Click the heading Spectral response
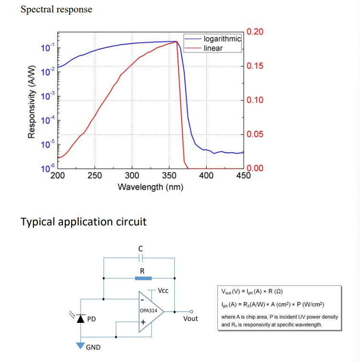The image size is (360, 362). click(x=56, y=9)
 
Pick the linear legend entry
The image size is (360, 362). click(x=213, y=48)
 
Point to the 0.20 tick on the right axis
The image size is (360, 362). click(x=254, y=32)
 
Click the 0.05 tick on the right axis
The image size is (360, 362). click(x=254, y=134)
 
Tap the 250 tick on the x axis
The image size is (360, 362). click(x=95, y=176)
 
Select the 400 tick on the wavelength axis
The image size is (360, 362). click(x=206, y=176)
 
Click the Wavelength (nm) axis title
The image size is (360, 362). click(x=150, y=187)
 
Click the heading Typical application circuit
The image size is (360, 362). click(x=84, y=222)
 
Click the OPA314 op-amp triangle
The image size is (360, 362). click(x=150, y=311)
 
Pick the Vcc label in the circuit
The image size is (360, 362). click(x=162, y=290)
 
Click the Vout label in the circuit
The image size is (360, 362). click(x=191, y=319)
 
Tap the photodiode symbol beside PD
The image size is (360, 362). click(x=81, y=318)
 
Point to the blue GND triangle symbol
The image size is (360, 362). click(x=81, y=345)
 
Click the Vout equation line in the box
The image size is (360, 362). click(x=253, y=292)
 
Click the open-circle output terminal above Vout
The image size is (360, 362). click(x=191, y=311)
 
